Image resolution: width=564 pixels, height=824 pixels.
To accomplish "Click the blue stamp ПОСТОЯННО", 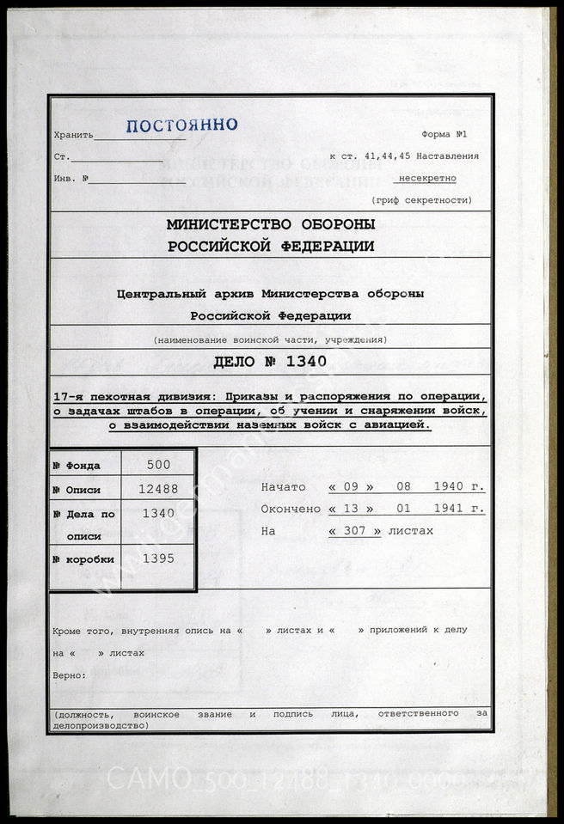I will coord(181,125).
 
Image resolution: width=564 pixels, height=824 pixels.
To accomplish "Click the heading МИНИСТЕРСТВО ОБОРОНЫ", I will coord(271,225).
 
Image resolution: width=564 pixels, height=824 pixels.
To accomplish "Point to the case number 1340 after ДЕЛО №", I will coord(303,362).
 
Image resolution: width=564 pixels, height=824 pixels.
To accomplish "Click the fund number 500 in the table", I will coord(158,465).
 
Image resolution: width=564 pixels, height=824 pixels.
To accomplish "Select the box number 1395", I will coord(158,558).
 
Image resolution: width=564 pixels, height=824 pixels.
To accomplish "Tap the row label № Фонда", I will coord(77,466).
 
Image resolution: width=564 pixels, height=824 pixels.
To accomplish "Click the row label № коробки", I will coord(83,559).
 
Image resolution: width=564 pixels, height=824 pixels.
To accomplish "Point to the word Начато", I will coord(283,487).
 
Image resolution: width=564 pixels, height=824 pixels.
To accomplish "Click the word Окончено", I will coord(290,509).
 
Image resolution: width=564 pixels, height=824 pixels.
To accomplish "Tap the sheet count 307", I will coord(355,531).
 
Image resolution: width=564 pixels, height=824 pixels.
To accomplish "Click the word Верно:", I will coord(69,674).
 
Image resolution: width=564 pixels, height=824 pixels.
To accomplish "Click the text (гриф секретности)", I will coord(421,199).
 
